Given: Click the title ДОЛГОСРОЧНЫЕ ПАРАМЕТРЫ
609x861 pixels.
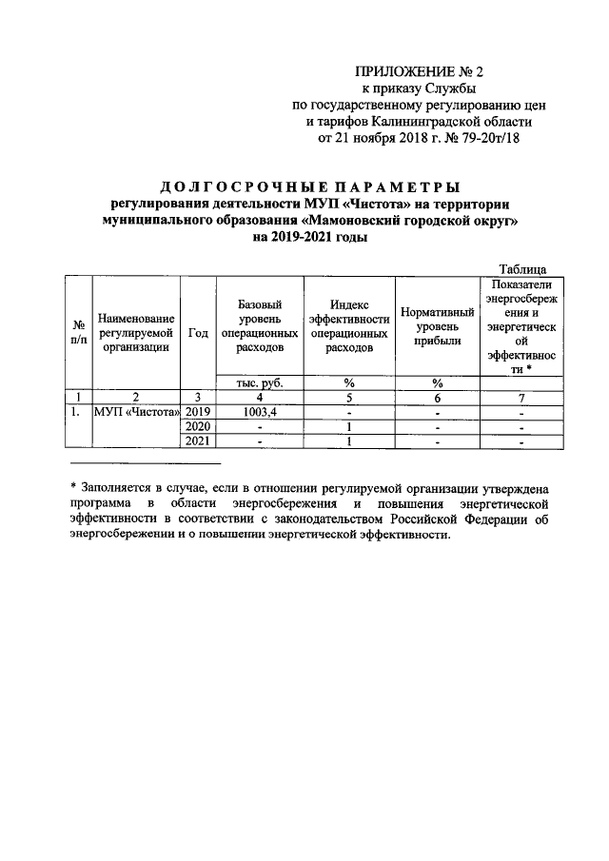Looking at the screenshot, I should [x=311, y=186].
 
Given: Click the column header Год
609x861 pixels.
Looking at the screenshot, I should [x=198, y=332].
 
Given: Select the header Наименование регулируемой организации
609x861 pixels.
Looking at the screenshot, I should [x=136, y=332].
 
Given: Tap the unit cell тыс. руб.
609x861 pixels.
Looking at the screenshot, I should [x=259, y=382].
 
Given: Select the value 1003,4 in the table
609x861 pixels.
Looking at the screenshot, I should [x=259, y=412].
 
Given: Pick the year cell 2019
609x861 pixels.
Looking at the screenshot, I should [x=198, y=412].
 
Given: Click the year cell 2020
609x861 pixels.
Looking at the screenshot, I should [x=198, y=427].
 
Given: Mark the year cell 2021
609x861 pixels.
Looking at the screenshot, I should [x=198, y=441].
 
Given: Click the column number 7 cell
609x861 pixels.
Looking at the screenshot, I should [x=519, y=398].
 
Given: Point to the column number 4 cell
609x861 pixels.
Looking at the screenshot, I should [x=259, y=398].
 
